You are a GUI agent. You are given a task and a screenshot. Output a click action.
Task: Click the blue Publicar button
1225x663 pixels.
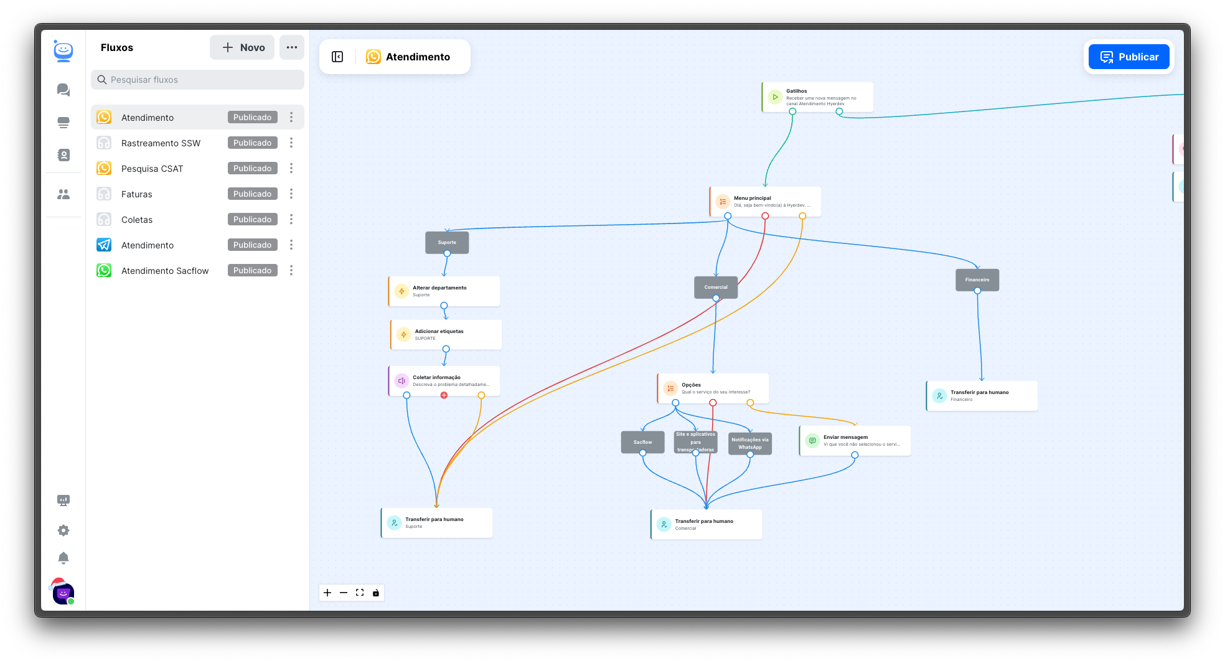point(1129,57)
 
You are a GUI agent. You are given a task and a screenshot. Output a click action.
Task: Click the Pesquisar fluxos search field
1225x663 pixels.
point(198,80)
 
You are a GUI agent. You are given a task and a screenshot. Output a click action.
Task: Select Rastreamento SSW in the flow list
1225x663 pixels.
point(161,143)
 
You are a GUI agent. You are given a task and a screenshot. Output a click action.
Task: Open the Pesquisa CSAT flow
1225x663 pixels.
point(153,169)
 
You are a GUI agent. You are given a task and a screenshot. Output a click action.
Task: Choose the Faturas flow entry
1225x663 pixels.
point(137,194)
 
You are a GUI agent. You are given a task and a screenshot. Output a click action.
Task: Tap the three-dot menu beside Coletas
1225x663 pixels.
point(291,220)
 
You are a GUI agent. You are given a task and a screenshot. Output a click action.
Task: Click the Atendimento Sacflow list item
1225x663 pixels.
point(165,271)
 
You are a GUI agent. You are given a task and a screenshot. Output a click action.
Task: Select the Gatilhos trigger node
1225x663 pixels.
point(817,97)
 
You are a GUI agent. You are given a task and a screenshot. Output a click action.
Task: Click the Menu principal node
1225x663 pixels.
point(765,201)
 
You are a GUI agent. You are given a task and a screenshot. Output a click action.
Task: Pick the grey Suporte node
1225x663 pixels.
point(447,242)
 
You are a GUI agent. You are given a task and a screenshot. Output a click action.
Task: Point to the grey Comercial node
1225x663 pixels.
point(716,286)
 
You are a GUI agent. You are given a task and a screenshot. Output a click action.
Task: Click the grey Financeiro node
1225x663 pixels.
point(977,279)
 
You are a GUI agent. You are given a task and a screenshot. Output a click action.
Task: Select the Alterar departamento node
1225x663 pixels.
point(444,291)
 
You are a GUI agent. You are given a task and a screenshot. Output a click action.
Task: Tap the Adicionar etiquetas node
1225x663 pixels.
point(446,334)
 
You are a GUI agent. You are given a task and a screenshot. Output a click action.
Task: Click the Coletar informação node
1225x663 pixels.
point(444,380)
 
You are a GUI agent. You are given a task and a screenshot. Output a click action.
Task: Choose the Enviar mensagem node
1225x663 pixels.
point(855,440)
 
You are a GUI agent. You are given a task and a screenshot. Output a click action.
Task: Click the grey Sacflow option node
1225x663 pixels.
point(642,441)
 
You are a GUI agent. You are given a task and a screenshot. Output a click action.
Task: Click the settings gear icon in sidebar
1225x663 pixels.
point(63,530)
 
